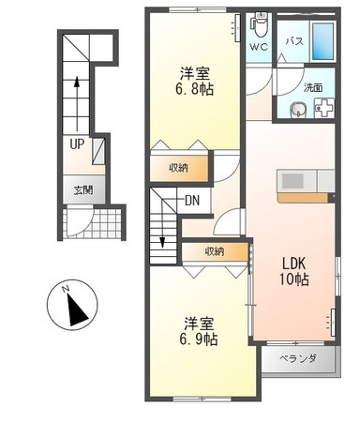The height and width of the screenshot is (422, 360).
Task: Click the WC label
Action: pyautogui.click(x=259, y=45)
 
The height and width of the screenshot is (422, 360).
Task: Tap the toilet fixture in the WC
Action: pyautogui.click(x=261, y=22)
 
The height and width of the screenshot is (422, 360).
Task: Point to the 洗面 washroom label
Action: pyautogui.click(x=313, y=87)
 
